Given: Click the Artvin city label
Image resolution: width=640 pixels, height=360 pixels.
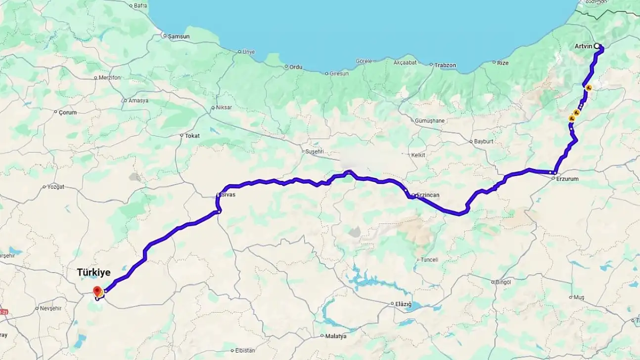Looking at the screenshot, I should coord(583,46).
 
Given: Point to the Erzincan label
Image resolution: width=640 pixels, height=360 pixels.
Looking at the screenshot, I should coord(427,195).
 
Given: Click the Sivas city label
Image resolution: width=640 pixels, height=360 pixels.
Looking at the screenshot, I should coord(229,195).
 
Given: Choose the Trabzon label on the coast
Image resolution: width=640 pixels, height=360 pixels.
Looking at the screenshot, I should coord(445,65).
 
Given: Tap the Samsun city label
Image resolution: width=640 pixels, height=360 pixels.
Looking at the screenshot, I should coord(179,36).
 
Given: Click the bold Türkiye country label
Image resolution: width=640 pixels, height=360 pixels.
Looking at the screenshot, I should coord(93,272).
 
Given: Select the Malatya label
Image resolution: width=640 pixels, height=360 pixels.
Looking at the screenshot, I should coord(336,336).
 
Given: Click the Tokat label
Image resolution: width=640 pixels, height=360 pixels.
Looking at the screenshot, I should coord(192,135).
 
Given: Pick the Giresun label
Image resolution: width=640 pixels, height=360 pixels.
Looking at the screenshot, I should coord(339,73).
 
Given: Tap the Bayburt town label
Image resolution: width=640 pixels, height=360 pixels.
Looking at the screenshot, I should coord(484,141).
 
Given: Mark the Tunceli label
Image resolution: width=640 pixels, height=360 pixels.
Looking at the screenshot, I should coord(429,260).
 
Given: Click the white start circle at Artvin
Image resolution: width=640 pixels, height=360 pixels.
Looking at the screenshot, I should coord(596,46).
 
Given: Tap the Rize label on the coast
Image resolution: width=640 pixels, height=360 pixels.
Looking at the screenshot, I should coord(503,62).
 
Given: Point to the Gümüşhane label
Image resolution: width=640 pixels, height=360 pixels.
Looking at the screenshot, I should coord(430,121).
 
